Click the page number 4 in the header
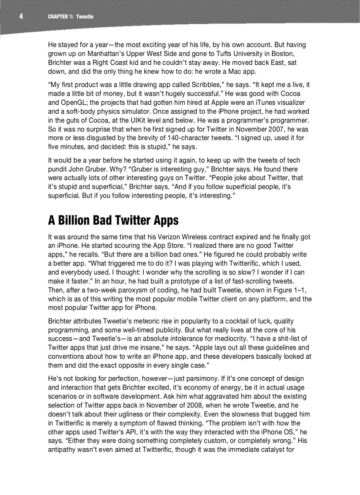coord(21,17)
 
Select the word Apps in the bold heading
coord(164,220)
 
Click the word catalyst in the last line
coord(276,450)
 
